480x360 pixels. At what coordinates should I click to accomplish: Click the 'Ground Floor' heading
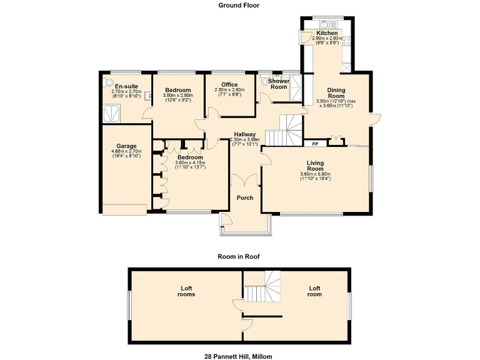(x=239, y=5)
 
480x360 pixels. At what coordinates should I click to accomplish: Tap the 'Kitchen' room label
(x=327, y=33)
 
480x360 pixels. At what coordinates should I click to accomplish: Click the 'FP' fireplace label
(x=316, y=143)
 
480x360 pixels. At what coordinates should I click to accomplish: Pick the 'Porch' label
(x=245, y=198)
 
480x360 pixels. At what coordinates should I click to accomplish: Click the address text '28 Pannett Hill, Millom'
(x=239, y=356)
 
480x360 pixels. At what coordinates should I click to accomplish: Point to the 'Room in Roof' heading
(x=239, y=256)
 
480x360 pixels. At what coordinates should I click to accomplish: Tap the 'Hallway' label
(x=245, y=134)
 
